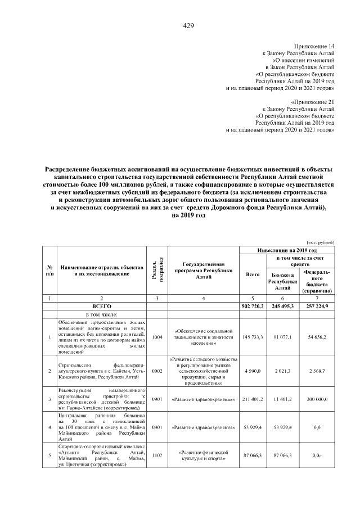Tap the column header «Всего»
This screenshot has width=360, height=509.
pyautogui.click(x=253, y=274)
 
